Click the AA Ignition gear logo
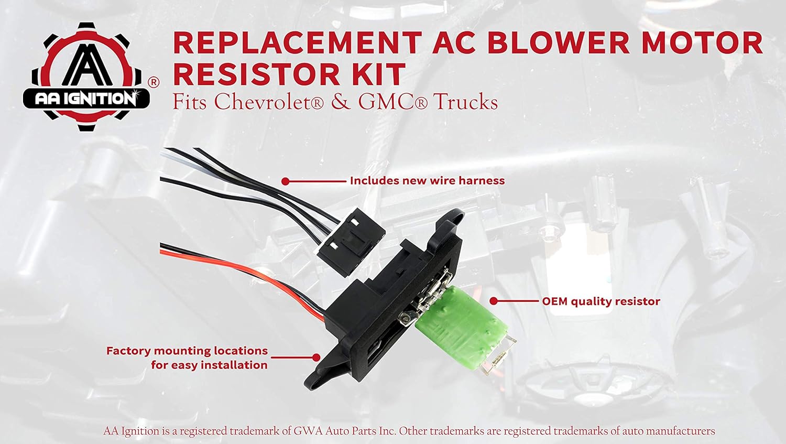(86, 76)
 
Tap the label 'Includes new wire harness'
(427, 181)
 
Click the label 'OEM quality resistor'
(601, 301)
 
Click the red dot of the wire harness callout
(285, 181)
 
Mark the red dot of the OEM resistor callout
(493, 301)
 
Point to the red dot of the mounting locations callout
(316, 357)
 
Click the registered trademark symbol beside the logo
(153, 82)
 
